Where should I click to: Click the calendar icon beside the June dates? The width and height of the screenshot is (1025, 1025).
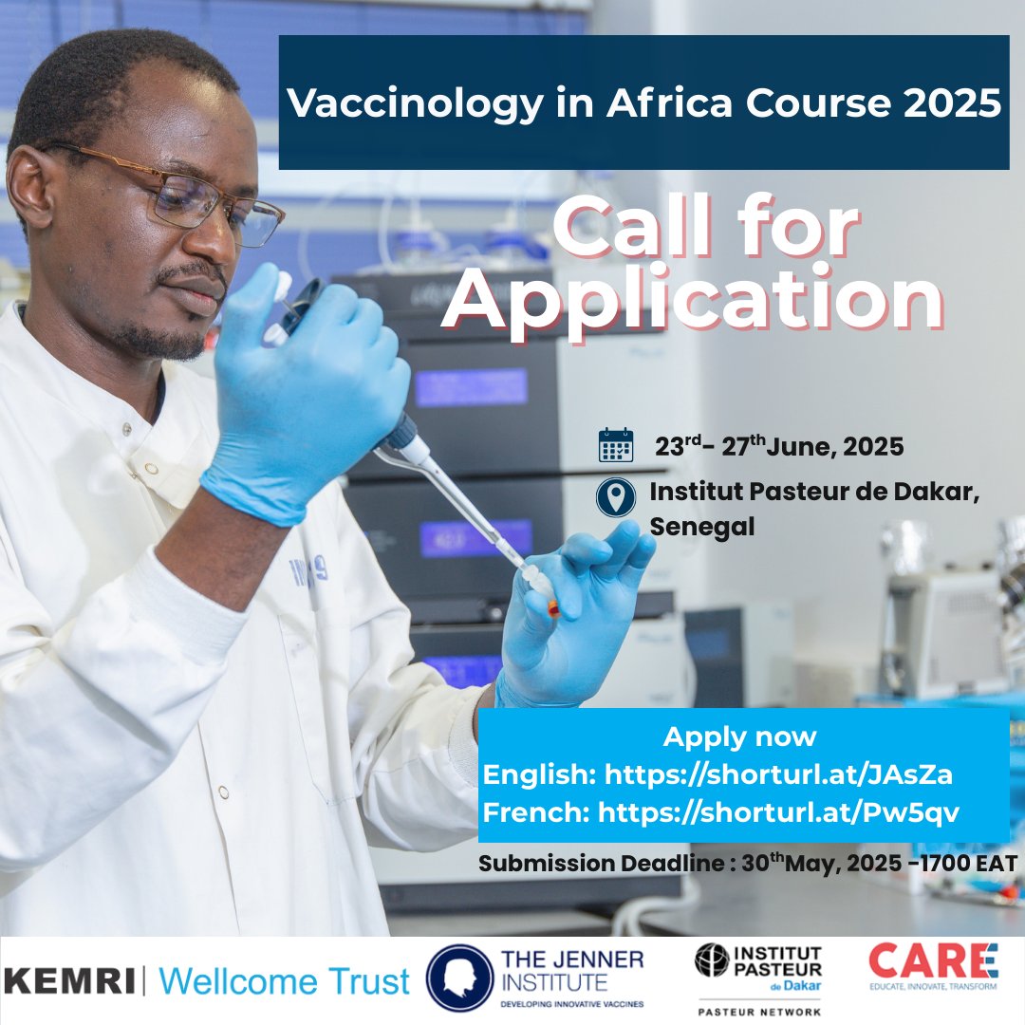[616, 445]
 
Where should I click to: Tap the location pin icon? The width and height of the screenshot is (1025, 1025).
[616, 497]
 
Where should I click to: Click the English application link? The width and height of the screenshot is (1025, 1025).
[778, 774]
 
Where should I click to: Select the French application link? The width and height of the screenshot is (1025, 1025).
[778, 812]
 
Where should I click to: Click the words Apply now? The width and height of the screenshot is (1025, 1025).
[739, 737]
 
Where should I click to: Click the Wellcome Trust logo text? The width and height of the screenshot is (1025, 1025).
[285, 981]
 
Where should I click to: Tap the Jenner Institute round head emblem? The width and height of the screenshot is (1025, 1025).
[459, 978]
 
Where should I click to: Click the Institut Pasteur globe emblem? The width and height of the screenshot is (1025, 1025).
[711, 960]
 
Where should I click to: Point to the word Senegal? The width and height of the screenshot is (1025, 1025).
[702, 527]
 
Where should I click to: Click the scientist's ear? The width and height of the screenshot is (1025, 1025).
[30, 186]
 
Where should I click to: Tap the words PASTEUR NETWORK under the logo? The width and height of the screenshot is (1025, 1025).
[759, 1012]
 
